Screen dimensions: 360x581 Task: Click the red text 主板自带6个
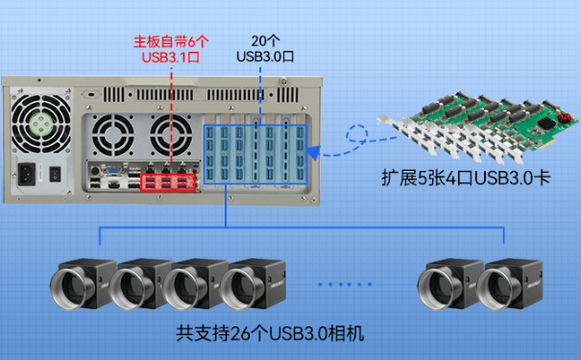pyautogui.click(x=170, y=42)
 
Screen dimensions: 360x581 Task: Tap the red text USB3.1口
pyautogui.click(x=170, y=59)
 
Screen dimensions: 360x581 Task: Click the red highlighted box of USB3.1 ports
pyautogui.click(x=168, y=181)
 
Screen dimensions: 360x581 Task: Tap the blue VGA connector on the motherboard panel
pyautogui.click(x=113, y=179)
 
